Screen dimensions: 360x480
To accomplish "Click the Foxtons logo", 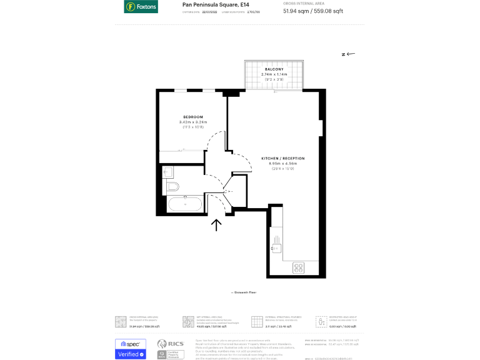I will coord(141,7).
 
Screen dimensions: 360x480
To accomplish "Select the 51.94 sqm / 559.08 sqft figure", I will coord(312,11).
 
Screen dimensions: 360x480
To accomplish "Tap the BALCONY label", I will coord(272,69).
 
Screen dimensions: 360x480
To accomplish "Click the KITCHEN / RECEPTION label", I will coord(278,159).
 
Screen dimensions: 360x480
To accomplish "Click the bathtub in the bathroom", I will coord(184,204).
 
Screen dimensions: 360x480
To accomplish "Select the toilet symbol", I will coord(172,186).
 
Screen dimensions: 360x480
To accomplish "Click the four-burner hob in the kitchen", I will coord(298,267).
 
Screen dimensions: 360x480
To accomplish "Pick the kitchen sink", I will coord(276,248).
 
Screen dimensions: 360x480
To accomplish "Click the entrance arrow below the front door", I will coord(217,225).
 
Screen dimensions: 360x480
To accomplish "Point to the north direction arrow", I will coord(349,54).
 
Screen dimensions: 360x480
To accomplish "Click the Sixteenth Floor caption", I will coord(244,292).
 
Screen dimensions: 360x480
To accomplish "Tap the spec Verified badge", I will coord(131,349).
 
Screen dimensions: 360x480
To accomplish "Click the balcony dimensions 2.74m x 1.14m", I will coord(272,74).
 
